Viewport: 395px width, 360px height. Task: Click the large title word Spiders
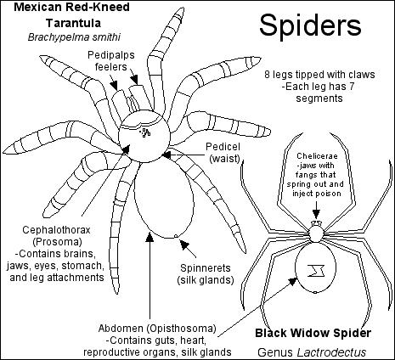pos(310,25)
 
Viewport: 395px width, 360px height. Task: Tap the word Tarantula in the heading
pos(74,23)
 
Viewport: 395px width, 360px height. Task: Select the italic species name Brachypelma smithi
pos(74,37)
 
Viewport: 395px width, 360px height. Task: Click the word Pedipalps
pos(111,55)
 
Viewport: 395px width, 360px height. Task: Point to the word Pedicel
pos(223,147)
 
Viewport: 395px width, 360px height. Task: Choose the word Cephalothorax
pos(56,230)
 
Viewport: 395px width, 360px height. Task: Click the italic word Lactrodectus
pos(331,352)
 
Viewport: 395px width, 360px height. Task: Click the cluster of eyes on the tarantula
pos(145,132)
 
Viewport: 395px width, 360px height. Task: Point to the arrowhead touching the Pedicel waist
pos(166,155)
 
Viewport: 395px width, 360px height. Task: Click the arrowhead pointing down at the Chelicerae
pos(316,214)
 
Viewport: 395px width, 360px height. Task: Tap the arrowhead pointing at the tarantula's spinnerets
pos(184,245)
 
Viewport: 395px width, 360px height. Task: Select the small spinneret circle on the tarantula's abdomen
pos(176,236)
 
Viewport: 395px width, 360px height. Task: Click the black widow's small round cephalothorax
pos(316,234)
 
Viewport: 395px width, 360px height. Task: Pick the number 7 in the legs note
pos(352,87)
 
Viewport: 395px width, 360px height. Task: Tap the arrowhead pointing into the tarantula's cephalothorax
pos(126,149)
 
